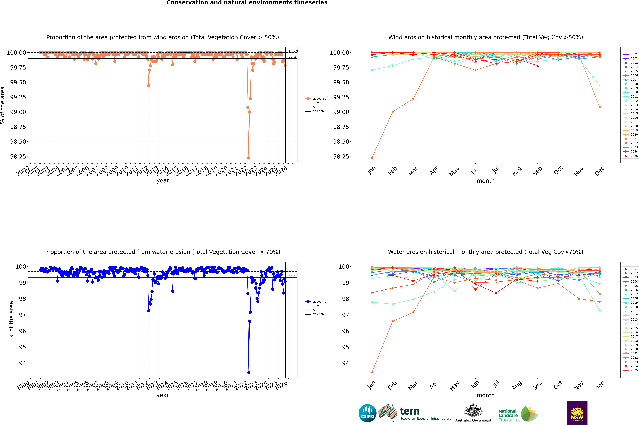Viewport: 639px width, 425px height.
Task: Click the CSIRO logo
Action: point(367,413)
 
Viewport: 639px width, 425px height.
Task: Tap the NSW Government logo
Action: point(577,413)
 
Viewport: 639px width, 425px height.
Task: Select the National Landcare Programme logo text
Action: point(508,415)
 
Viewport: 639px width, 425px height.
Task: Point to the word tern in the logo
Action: point(410,411)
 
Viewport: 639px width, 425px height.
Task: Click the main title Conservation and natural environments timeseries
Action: point(247,3)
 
